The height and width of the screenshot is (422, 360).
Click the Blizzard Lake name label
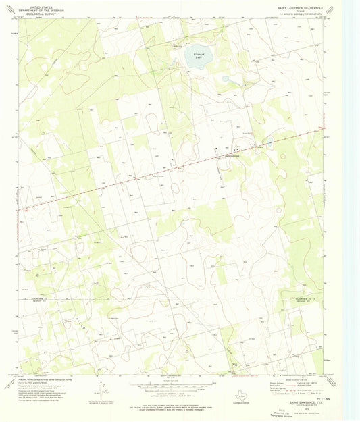coord(195,57)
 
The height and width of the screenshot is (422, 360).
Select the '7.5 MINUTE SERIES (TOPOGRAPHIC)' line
coord(308,15)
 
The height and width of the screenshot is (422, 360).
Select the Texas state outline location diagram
coord(239,398)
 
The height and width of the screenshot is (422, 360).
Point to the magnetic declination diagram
coord(101,390)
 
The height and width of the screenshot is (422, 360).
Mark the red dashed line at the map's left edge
coord(20,209)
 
